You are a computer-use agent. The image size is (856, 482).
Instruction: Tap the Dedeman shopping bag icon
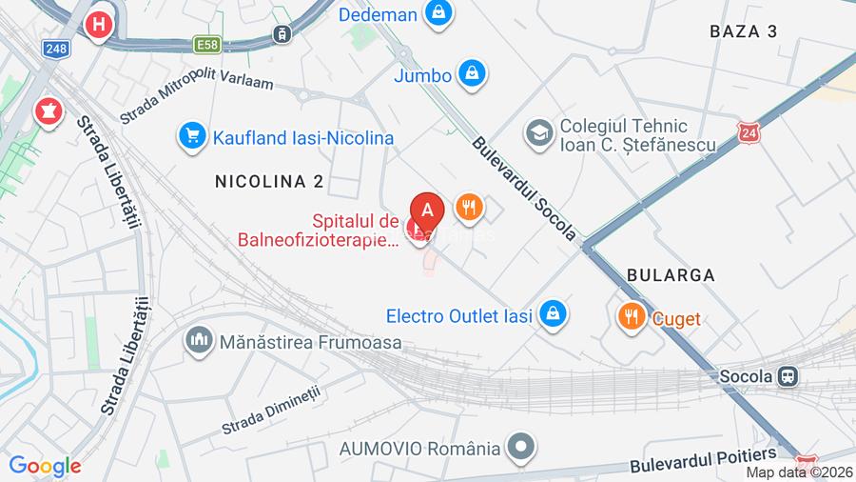[438, 13]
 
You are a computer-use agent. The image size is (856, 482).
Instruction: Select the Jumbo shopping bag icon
[472, 72]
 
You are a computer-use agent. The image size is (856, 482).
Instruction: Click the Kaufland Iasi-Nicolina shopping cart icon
[193, 137]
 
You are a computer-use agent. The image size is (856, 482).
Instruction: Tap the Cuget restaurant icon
[630, 317]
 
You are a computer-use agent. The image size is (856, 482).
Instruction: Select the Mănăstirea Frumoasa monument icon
[199, 340]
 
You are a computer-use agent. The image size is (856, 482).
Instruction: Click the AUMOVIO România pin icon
[520, 446]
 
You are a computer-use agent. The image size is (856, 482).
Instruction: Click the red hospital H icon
[98, 25]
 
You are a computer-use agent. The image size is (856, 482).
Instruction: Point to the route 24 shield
[749, 132]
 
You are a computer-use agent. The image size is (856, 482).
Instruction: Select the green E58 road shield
[206, 44]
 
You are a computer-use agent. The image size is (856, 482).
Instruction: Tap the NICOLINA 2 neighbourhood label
[269, 181]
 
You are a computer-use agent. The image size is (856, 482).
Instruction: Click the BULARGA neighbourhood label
[671, 274]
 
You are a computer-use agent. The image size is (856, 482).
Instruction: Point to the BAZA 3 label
[743, 31]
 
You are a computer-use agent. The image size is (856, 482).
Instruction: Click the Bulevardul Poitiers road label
[703, 461]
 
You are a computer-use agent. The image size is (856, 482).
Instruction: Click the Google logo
[45, 466]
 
